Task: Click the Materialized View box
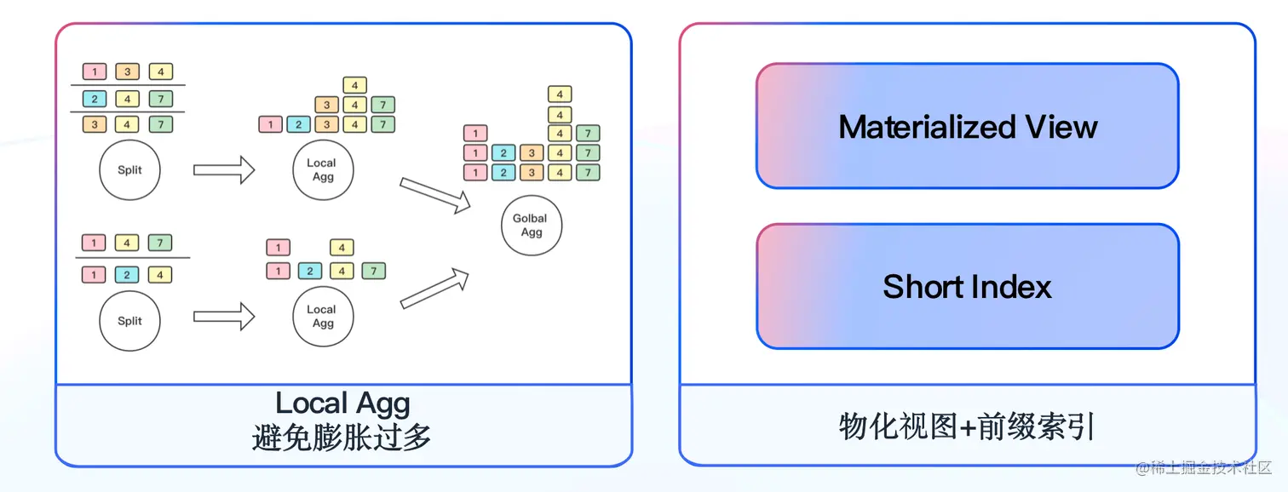967,126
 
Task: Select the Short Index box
967,286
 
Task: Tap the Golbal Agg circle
531,226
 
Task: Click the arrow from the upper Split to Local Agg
224,169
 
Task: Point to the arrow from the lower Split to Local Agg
224,318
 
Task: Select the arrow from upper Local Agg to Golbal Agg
435,195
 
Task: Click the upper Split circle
130,170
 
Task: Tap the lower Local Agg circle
323,317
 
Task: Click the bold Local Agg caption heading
342,403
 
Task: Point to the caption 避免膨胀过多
342,438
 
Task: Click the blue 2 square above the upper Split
94,99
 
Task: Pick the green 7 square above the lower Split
160,243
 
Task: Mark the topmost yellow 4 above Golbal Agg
560,94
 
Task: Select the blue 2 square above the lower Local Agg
309,272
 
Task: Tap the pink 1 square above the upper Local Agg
270,125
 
